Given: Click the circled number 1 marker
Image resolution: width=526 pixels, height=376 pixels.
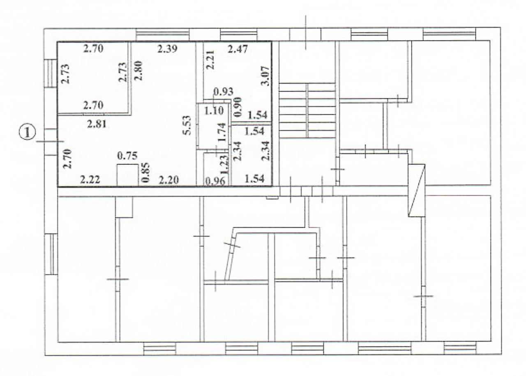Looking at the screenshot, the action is (x=27, y=132).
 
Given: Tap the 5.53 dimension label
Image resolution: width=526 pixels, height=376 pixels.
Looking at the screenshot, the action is (x=187, y=125).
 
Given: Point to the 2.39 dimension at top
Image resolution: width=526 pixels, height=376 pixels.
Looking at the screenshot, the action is (x=167, y=49).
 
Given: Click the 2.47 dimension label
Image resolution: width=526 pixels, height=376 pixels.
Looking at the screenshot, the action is (x=238, y=49).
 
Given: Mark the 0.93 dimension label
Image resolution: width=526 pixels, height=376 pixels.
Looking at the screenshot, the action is (x=223, y=91).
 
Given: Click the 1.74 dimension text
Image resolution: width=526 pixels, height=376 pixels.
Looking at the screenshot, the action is (x=222, y=132).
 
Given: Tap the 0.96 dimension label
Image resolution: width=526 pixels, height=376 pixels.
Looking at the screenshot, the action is (x=215, y=181).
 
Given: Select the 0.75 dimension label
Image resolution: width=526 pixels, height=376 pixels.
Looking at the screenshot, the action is (x=127, y=155).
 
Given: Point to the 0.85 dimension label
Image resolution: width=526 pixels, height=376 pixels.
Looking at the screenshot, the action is (x=145, y=173).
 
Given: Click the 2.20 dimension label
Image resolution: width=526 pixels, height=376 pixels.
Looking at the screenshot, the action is (x=168, y=180).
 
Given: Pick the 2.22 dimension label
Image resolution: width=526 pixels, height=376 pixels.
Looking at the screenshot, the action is (x=90, y=180).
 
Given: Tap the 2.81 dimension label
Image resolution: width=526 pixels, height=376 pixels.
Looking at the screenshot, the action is (x=97, y=124).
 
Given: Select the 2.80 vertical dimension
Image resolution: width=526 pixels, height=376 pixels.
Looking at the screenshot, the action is (x=138, y=71).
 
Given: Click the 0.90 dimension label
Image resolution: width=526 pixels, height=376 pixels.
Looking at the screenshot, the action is (x=238, y=107).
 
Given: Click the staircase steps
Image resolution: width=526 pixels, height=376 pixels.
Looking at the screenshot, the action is (x=307, y=111).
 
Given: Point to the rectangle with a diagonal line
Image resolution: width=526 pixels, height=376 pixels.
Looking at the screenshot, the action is (x=417, y=190).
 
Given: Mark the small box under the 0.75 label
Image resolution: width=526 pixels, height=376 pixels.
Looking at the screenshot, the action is (x=127, y=175).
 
